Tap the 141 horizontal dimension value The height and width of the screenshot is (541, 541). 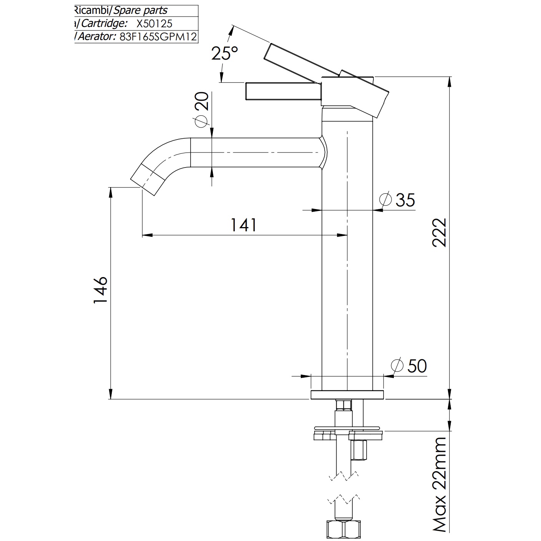243,225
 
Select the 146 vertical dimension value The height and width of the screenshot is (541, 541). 100,290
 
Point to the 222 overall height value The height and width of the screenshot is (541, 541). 439,232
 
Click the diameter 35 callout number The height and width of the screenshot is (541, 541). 405,200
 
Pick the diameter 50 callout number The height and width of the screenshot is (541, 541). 417,366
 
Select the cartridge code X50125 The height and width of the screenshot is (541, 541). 154,23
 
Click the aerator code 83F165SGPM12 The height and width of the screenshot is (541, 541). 158,37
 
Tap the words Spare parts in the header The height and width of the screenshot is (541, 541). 140,11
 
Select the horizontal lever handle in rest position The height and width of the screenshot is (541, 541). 284,91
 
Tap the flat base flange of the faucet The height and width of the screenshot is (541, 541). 347,395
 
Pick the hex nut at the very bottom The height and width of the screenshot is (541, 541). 344,529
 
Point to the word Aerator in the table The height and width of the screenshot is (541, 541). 96,37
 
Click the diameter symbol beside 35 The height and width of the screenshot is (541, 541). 385,199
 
